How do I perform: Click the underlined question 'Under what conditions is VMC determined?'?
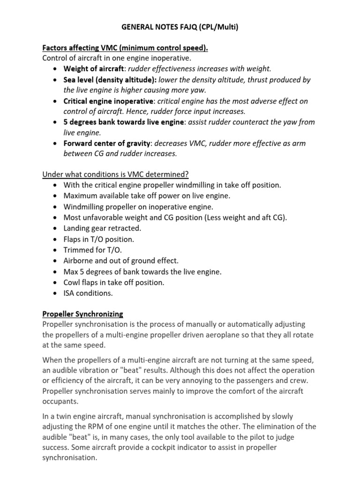[115, 174]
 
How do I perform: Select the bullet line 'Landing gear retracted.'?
[102, 228]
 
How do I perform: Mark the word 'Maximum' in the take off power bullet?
[82, 196]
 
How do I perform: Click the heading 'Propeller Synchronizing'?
[82, 314]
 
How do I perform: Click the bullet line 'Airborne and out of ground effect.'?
[121, 261]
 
